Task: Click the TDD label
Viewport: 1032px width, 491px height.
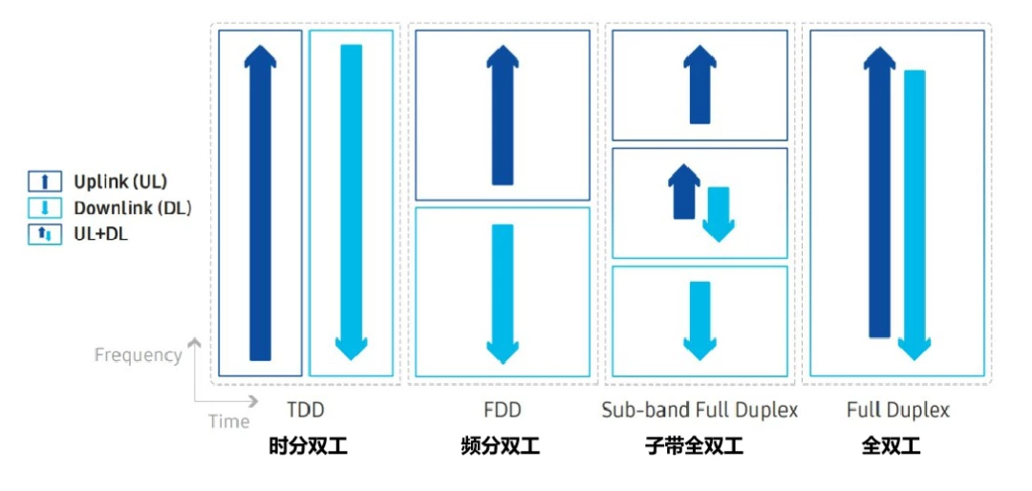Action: point(306,411)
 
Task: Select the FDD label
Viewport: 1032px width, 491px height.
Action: point(502,411)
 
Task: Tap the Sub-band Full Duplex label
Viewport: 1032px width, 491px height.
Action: point(699,411)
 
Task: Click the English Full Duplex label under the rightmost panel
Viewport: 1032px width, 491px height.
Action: point(898,411)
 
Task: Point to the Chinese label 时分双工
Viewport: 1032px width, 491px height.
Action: point(307,445)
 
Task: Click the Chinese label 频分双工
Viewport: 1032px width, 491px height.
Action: point(501,445)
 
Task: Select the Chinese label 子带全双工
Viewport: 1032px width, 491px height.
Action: point(700,445)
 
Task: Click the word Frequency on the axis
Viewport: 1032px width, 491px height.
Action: point(138,355)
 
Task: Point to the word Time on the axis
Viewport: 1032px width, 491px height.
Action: point(228,421)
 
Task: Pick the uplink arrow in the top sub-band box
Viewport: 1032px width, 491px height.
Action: point(699,86)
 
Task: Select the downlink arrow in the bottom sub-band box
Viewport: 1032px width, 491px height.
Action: point(699,320)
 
